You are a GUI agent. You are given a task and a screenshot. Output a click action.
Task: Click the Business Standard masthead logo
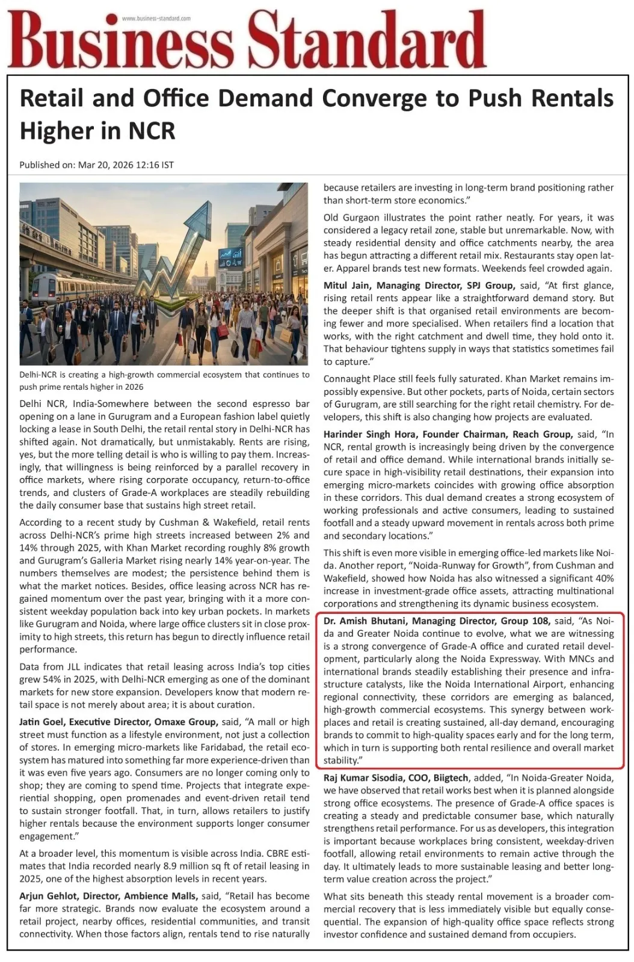247,39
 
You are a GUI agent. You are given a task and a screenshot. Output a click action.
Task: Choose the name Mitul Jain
348,286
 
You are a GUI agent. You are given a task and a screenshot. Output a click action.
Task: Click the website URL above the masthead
156,19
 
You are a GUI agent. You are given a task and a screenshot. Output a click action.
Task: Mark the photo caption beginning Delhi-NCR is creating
164,380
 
